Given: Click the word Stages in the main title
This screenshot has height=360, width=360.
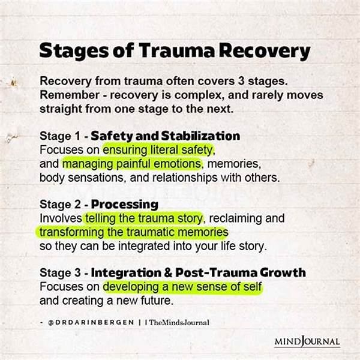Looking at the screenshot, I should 68,50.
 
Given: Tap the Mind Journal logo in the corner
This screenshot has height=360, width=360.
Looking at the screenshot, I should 307,342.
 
